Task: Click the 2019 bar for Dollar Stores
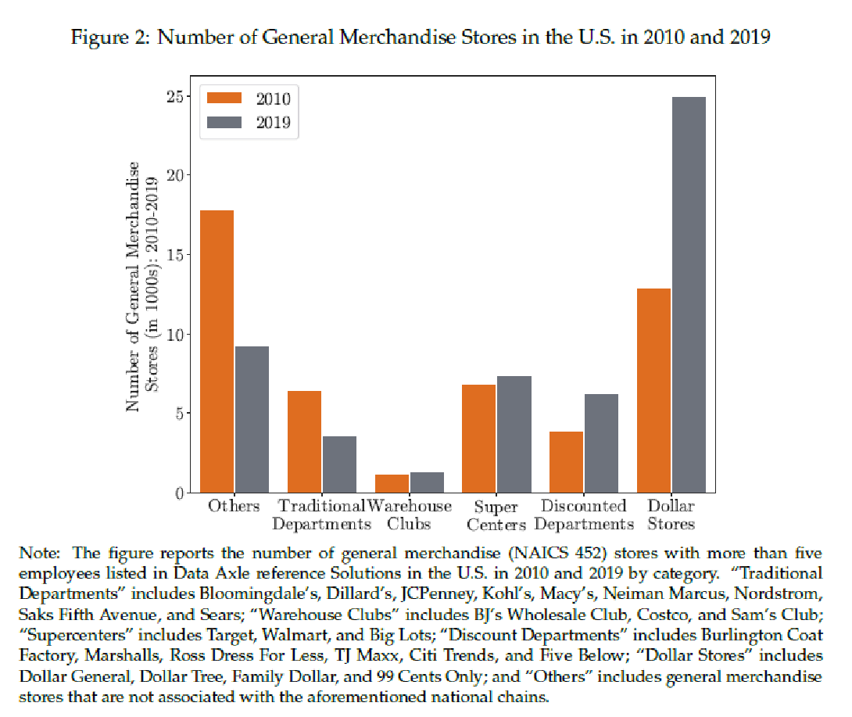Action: pos(689,295)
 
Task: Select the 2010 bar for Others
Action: pos(217,351)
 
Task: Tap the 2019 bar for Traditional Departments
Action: pos(339,464)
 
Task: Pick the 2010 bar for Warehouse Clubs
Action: pos(392,483)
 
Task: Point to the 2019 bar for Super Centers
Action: pos(514,434)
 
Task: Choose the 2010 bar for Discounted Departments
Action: pos(567,462)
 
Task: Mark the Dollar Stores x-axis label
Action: pos(671,515)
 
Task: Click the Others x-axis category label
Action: pos(234,506)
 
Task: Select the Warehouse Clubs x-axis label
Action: pos(410,515)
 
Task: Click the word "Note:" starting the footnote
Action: pos(39,554)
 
